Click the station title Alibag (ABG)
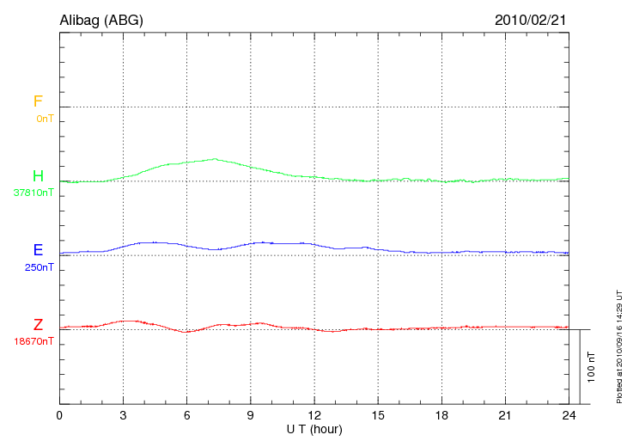click(101, 20)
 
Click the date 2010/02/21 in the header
click(531, 20)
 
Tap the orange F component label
click(38, 101)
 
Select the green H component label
click(38, 176)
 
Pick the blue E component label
click(38, 250)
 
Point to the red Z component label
click(38, 325)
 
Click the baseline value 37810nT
click(33, 193)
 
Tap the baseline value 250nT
click(39, 267)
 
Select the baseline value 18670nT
click(33, 341)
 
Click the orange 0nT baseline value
click(45, 119)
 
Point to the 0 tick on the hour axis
click(59, 415)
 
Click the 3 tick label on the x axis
click(123, 415)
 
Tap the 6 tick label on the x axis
click(186, 415)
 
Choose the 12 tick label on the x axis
click(314, 415)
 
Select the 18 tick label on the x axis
click(441, 415)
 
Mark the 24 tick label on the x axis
click(569, 415)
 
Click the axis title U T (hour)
click(314, 428)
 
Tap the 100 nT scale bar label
click(592, 367)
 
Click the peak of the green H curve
click(215, 159)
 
